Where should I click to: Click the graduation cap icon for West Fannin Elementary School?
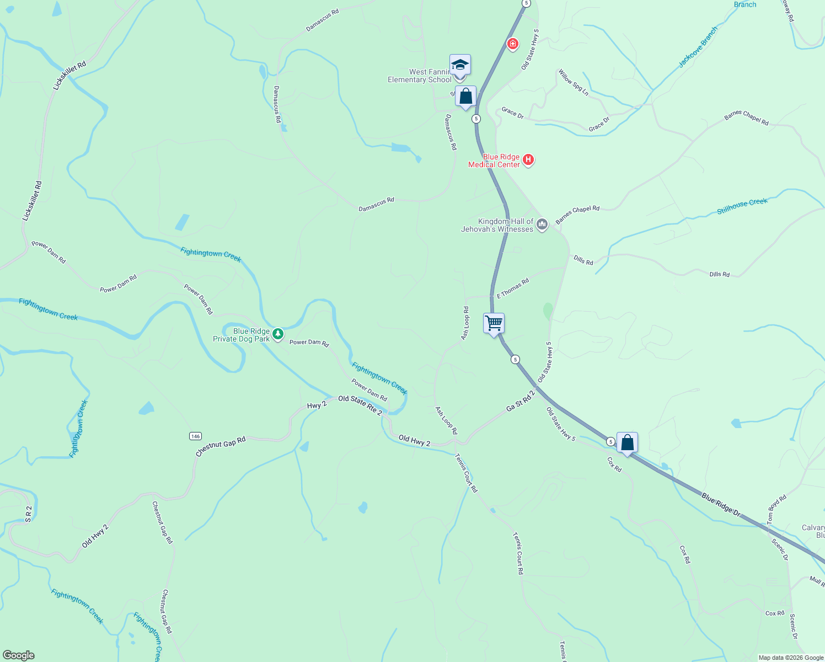click(460, 66)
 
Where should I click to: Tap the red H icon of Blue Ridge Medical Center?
click(528, 160)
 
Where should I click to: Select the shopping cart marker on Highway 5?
click(494, 323)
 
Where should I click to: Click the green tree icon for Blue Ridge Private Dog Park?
click(278, 334)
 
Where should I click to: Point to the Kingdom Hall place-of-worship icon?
click(542, 225)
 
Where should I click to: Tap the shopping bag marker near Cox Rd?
click(627, 442)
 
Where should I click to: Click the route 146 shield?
click(195, 436)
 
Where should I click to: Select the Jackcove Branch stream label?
click(698, 47)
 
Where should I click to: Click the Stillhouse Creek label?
click(742, 206)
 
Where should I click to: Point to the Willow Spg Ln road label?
click(574, 83)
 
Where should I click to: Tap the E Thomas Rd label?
click(513, 289)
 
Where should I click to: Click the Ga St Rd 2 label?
click(521, 401)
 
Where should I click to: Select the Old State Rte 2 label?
click(360, 405)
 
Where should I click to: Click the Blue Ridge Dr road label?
click(721, 504)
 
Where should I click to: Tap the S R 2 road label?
click(29, 514)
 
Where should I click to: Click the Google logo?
click(19, 655)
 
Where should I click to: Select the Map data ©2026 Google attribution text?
click(791, 658)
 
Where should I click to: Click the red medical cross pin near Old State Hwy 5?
click(513, 44)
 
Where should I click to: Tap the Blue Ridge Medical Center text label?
click(494, 161)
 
